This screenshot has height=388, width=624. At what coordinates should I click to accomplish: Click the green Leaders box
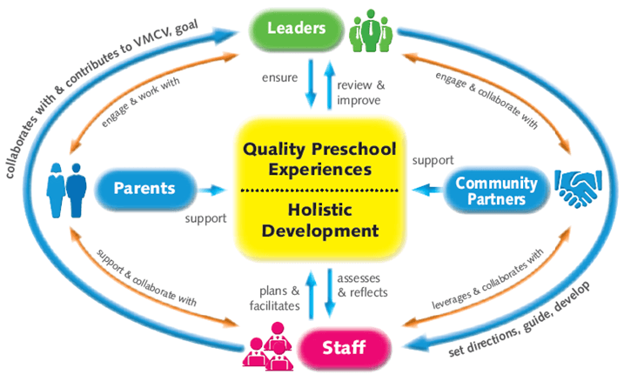point(296,30)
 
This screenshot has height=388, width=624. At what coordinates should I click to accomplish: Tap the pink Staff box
point(344,347)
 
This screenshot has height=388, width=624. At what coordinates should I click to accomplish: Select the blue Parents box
point(144,188)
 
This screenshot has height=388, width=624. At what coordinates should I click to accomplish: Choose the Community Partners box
point(497,191)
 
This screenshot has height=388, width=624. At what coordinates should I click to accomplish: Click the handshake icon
point(578,188)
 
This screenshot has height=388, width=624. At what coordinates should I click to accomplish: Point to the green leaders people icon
point(371,31)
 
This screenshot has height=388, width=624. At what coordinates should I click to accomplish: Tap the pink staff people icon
point(268,346)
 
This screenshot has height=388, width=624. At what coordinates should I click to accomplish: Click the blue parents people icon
point(66,191)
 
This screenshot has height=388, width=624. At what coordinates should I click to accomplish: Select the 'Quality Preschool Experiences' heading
point(319,159)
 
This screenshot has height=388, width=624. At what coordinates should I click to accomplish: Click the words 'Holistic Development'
point(320,220)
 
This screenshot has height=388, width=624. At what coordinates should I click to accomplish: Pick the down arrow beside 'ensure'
point(311,84)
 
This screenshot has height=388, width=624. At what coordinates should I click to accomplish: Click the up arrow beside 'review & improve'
point(329,85)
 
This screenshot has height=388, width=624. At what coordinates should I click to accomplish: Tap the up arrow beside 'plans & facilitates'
point(311,295)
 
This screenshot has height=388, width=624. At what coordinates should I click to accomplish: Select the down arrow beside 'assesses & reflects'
point(330,293)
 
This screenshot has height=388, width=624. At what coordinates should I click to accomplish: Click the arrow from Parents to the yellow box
point(212,191)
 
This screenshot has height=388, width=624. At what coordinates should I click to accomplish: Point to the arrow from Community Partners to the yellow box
point(427,190)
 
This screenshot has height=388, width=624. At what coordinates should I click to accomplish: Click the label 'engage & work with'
point(140,102)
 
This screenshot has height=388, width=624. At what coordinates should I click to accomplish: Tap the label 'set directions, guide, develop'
point(520,319)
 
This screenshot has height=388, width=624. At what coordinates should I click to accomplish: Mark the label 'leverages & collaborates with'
point(488,279)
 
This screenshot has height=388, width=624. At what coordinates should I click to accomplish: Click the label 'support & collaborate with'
point(147,278)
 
